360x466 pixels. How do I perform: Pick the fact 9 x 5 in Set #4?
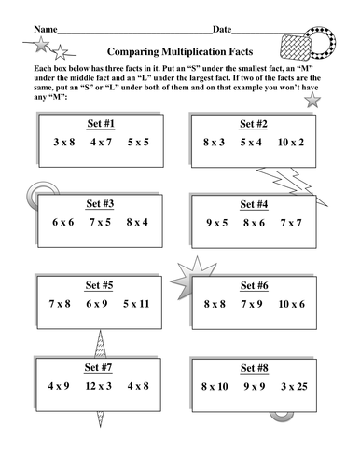pos(216,223)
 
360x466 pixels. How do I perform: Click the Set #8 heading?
pos(254,365)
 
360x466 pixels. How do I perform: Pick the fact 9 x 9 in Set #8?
pos(254,385)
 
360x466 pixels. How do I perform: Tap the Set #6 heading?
pos(254,284)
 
